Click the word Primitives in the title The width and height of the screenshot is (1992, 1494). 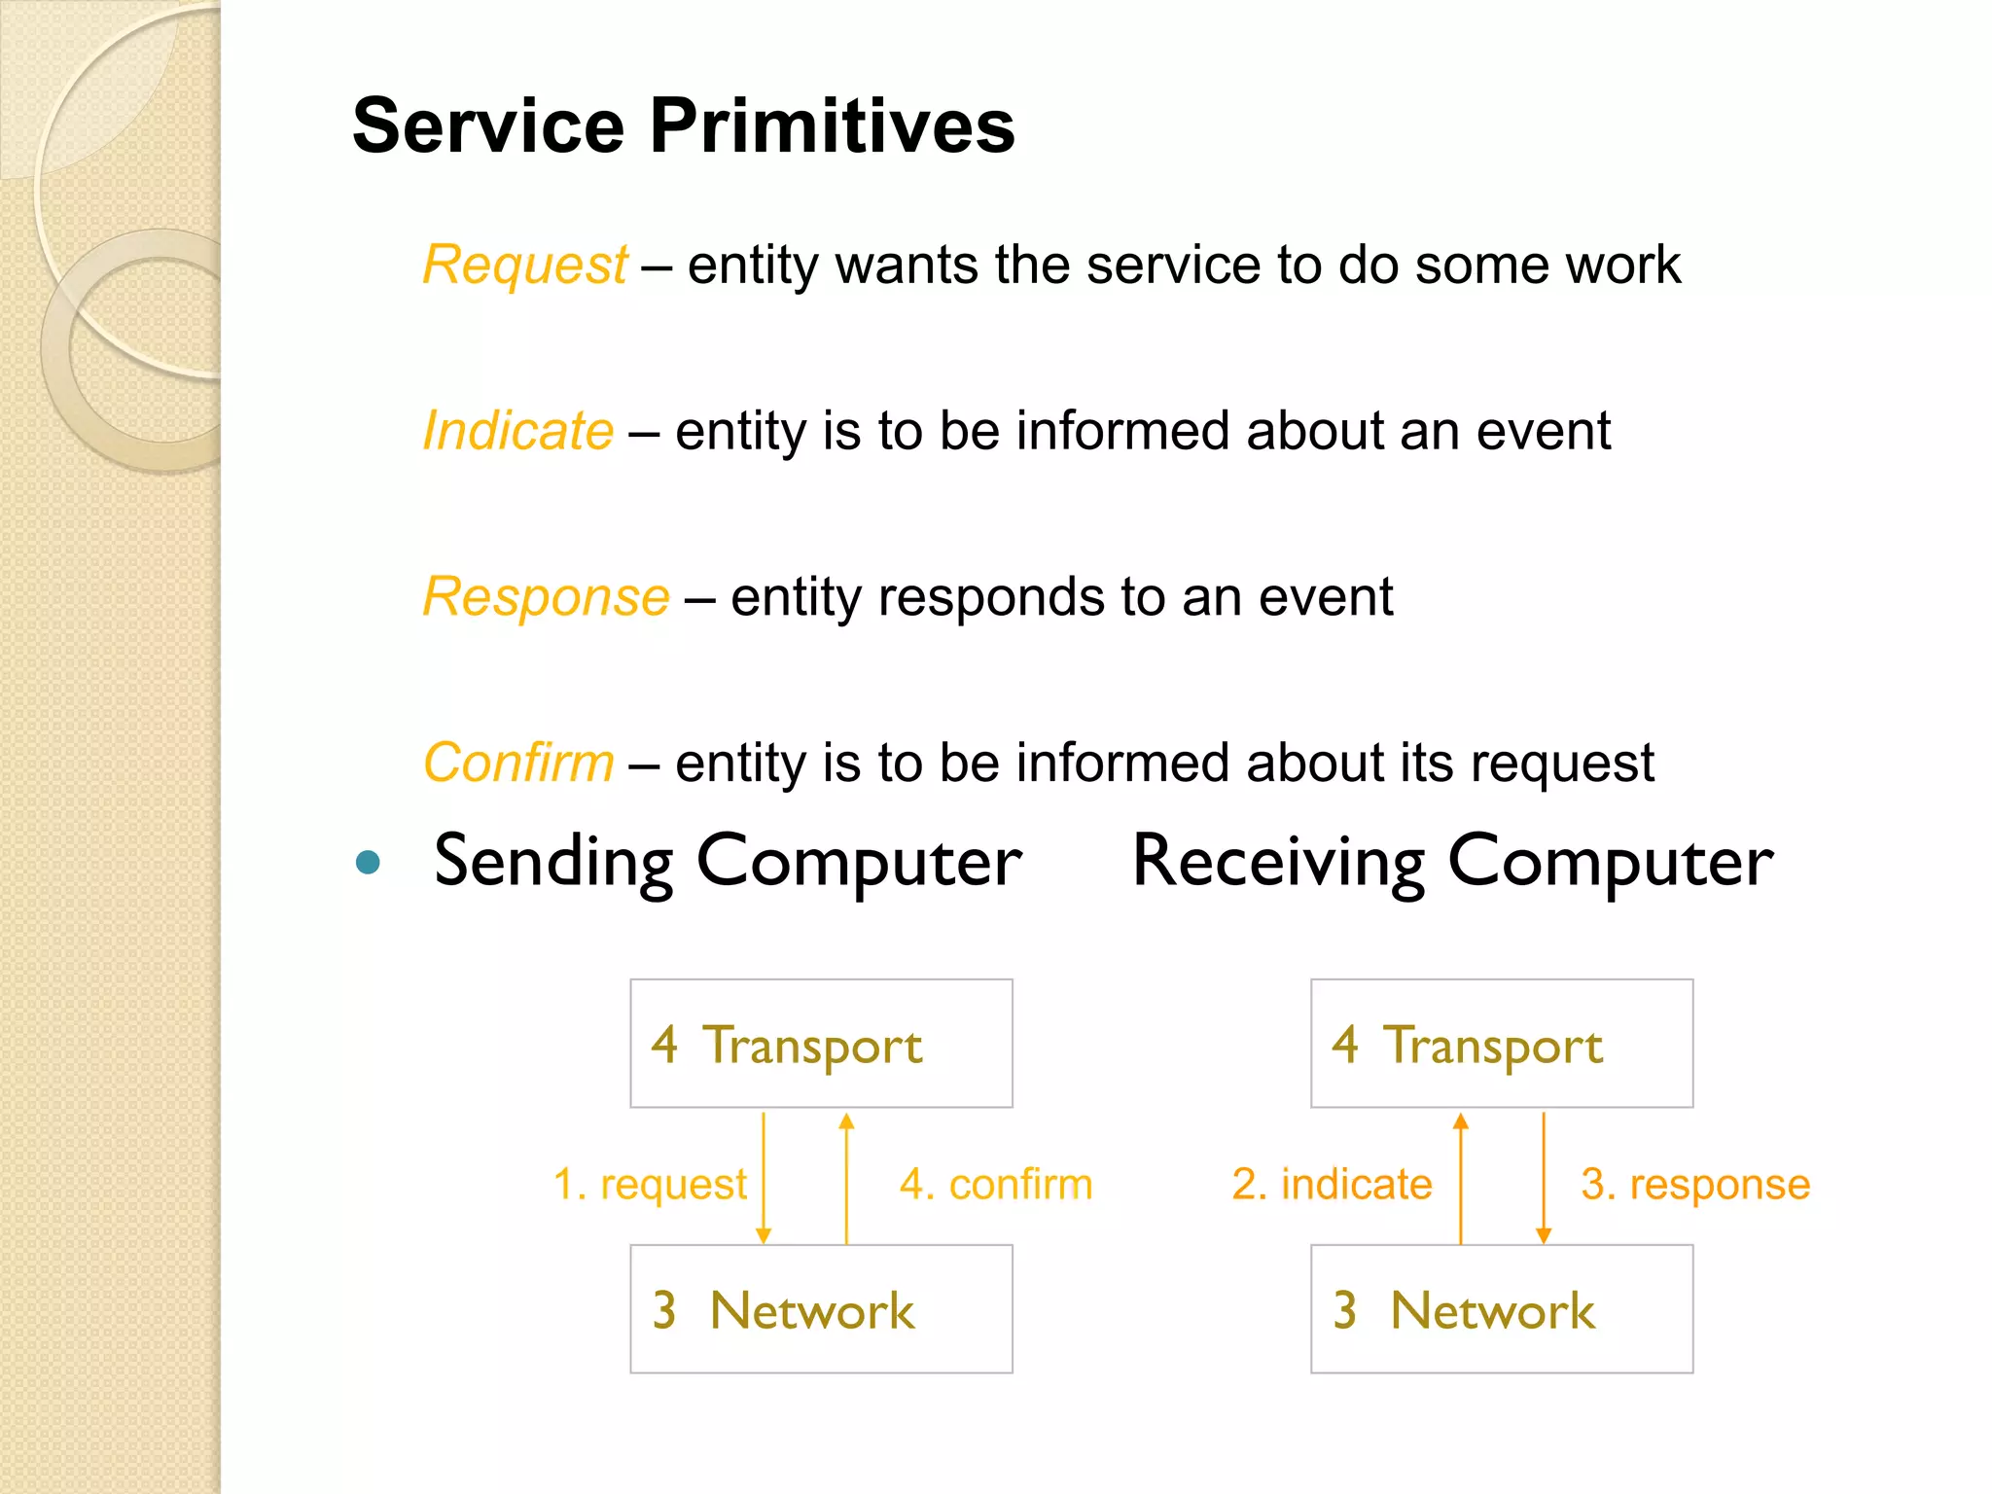tap(832, 126)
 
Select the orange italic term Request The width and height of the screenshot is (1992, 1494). tap(525, 265)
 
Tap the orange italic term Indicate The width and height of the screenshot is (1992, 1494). tap(518, 431)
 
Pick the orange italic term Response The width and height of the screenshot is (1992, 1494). tap(546, 596)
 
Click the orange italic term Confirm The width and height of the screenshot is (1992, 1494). tap(518, 763)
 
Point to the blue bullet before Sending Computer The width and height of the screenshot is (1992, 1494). tap(368, 862)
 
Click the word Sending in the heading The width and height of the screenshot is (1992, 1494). tap(553, 862)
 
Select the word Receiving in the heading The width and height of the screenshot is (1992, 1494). tap(1278, 862)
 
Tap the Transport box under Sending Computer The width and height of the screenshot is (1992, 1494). tap(821, 1044)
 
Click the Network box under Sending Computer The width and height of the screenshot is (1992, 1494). tap(821, 1309)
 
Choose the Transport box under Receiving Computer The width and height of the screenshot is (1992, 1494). tap(1502, 1044)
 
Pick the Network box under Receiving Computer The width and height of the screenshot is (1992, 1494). tap(1502, 1309)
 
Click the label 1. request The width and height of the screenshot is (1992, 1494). tap(649, 1185)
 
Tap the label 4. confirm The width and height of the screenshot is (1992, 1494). tap(996, 1185)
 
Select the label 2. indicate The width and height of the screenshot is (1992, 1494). tap(1332, 1185)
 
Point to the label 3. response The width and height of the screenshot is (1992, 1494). tap(1695, 1185)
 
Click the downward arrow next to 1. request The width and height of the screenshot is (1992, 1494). tap(764, 1178)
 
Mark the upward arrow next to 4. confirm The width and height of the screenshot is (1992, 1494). tap(847, 1178)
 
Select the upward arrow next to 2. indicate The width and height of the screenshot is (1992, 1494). tap(1461, 1178)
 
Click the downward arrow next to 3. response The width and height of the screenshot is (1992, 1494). tap(1544, 1178)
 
